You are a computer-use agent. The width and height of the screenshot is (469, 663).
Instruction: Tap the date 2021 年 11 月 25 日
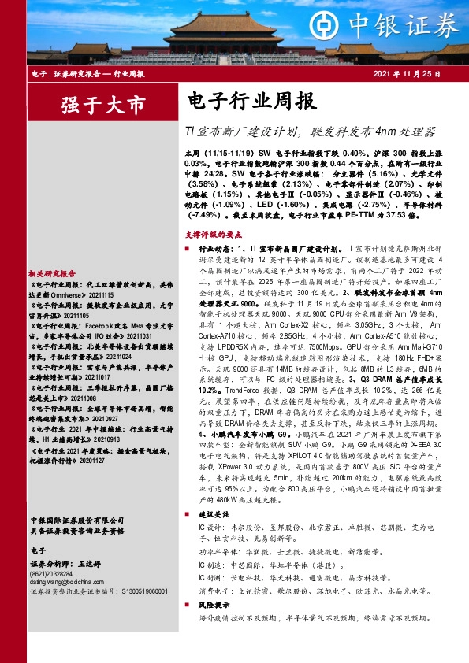click(x=416, y=73)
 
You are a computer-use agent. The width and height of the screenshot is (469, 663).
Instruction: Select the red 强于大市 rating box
click(x=92, y=104)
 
